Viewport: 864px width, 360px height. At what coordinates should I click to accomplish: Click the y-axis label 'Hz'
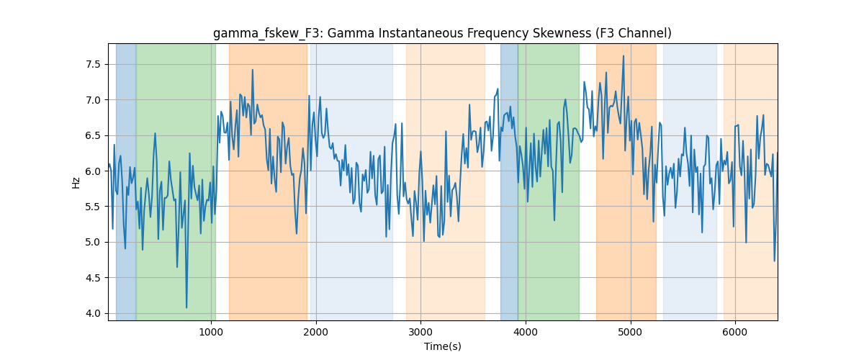click(76, 182)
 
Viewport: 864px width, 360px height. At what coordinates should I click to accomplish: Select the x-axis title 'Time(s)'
click(442, 346)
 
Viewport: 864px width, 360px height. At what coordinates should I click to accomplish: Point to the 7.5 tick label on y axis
click(93, 64)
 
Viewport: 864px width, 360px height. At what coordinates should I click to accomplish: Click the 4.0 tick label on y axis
click(93, 313)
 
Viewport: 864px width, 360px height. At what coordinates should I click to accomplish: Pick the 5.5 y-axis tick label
click(93, 207)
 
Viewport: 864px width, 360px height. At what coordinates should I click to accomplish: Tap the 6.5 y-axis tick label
click(93, 136)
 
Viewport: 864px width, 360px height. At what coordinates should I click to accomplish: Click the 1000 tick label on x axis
click(211, 332)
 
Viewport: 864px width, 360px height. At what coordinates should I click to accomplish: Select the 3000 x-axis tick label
click(420, 332)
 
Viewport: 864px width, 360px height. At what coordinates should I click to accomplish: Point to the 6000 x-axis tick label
click(735, 332)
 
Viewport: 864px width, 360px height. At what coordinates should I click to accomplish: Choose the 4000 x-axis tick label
click(526, 332)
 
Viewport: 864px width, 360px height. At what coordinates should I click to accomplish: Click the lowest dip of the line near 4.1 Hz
click(186, 307)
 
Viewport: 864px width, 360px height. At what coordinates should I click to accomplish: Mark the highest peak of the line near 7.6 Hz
click(624, 56)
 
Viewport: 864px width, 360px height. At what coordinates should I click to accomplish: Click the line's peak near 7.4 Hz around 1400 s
click(253, 70)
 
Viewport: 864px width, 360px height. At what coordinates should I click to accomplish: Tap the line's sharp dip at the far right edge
click(775, 261)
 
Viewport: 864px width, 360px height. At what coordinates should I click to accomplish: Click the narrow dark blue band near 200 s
click(126, 181)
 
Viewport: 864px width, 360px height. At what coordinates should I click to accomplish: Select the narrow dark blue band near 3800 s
click(509, 181)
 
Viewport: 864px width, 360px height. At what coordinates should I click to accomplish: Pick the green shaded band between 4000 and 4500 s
click(549, 181)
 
